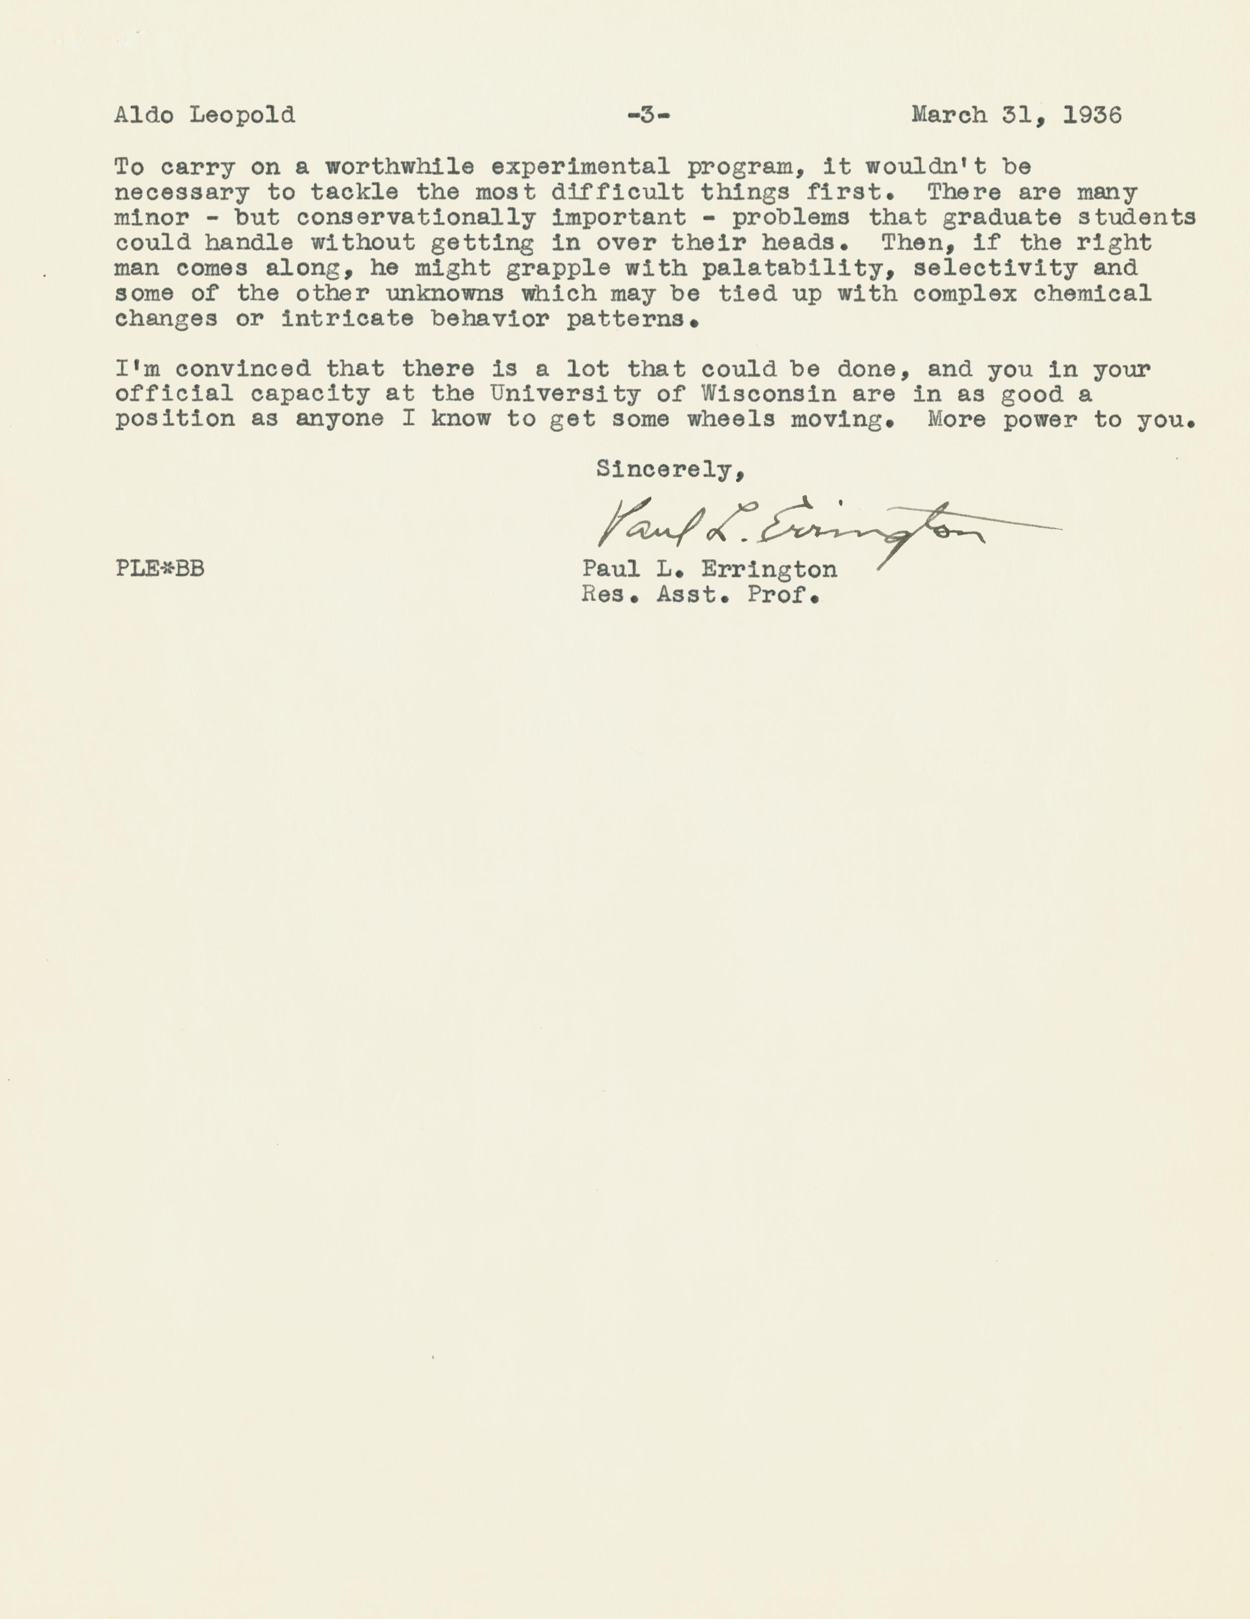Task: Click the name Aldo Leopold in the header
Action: pyautogui.click(x=204, y=116)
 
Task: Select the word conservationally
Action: pyautogui.click(x=416, y=218)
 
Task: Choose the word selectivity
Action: pyautogui.click(x=995, y=268)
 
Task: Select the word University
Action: pyautogui.click(x=565, y=394)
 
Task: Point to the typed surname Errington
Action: pyautogui.click(x=769, y=569)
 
